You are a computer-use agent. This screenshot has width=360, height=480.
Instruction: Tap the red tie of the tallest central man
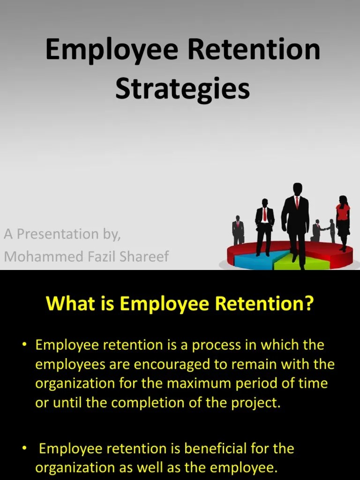tap(297, 202)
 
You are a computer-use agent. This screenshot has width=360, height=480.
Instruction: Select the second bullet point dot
tap(24, 449)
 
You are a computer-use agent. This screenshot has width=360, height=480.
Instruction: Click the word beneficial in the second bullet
tap(218, 449)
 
